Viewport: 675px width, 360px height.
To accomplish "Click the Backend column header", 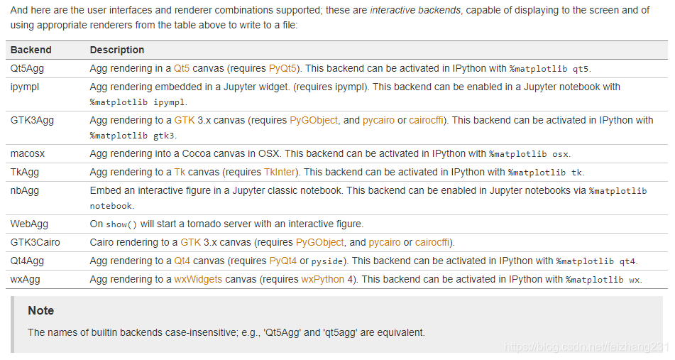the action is [x=31, y=50].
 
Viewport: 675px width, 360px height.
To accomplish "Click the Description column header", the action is [x=116, y=50].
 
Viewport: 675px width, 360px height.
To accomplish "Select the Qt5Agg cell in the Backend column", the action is [x=28, y=69].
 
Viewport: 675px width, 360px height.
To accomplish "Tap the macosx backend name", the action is [x=28, y=153].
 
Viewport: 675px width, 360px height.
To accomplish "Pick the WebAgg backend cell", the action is [x=29, y=224].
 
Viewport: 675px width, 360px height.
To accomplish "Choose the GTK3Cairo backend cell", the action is [x=35, y=242].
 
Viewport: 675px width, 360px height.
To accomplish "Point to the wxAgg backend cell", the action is [x=25, y=279].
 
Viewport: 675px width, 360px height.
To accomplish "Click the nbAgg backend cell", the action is [x=25, y=190].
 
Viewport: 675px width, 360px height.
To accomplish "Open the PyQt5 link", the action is [x=283, y=69].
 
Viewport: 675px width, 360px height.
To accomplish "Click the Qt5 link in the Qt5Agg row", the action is [x=182, y=69].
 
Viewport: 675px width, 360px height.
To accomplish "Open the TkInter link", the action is [x=280, y=172].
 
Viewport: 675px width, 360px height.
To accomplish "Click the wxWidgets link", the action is [x=198, y=279].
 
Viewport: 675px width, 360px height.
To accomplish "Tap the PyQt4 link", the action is [x=282, y=261].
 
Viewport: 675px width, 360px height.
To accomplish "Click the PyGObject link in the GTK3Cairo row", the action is [x=319, y=242].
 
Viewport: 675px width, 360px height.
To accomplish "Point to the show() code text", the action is [x=121, y=224].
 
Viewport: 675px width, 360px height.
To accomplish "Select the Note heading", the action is [x=40, y=310].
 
